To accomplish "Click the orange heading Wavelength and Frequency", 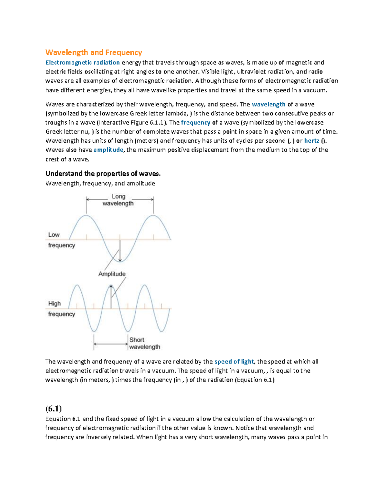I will (x=94, y=52).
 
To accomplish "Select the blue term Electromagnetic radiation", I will (x=82, y=62).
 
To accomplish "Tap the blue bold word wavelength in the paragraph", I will (x=269, y=104).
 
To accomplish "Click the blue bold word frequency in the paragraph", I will (x=196, y=122).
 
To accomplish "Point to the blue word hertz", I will (x=311, y=141).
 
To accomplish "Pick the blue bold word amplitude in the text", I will (x=108, y=150).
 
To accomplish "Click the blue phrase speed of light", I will (x=234, y=362).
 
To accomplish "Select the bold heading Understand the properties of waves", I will (x=103, y=174).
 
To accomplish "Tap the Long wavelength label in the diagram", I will (x=118, y=200).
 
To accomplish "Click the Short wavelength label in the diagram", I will (x=144, y=344).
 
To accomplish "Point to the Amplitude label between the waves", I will (x=112, y=274).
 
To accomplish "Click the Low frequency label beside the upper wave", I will (x=61, y=240).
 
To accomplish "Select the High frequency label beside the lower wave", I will (x=61, y=309).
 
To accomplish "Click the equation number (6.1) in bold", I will (x=53, y=409).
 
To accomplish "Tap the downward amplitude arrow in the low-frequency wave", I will (x=120, y=251).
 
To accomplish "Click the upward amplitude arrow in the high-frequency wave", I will (x=111, y=296).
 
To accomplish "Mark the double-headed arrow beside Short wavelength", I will (x=111, y=344).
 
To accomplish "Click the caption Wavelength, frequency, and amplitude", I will (x=100, y=184).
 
